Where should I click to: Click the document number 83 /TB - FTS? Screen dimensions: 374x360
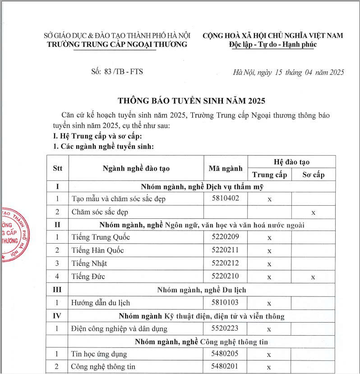117,71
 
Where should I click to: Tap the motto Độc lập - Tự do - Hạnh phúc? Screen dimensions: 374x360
272,44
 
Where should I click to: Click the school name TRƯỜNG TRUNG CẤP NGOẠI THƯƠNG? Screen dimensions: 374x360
117,44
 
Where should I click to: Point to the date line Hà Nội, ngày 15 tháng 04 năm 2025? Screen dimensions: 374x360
288,72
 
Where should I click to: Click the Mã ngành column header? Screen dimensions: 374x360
226,168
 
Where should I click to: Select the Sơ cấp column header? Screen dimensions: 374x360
313,175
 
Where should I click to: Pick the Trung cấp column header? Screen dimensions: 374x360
269,175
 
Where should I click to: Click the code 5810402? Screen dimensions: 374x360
225,198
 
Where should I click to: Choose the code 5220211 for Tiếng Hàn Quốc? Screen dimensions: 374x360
225,250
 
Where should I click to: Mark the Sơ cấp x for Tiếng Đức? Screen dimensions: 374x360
313,277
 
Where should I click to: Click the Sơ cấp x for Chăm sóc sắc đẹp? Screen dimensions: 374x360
313,212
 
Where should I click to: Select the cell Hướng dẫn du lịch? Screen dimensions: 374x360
101,303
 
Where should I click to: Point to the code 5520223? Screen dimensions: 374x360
225,329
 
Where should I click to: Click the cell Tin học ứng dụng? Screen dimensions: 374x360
99,354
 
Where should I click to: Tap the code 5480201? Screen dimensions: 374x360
225,366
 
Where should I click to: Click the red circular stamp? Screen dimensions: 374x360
14,235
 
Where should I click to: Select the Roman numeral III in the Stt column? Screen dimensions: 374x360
57,290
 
